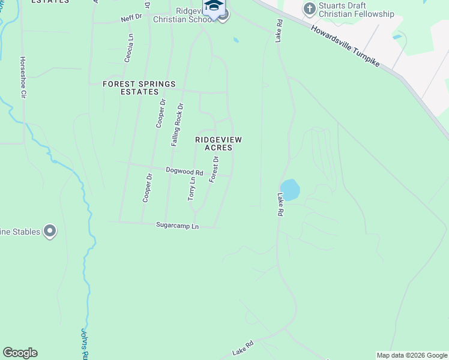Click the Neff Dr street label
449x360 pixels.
(x=131, y=19)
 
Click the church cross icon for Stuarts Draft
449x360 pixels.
(x=310, y=8)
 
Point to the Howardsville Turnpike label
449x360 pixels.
(x=345, y=45)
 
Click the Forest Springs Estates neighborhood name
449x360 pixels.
(x=139, y=88)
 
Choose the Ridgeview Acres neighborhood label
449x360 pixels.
(x=218, y=143)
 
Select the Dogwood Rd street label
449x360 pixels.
(x=185, y=172)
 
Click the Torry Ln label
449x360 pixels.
(x=192, y=189)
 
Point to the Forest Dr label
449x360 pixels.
(x=213, y=169)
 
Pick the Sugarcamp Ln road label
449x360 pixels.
(x=177, y=226)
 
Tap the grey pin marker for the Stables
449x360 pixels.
(x=50, y=231)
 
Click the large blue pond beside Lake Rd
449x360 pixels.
(x=290, y=190)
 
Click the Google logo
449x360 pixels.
(x=20, y=353)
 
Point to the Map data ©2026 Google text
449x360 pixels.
(x=412, y=355)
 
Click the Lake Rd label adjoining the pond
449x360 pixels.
(x=280, y=205)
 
